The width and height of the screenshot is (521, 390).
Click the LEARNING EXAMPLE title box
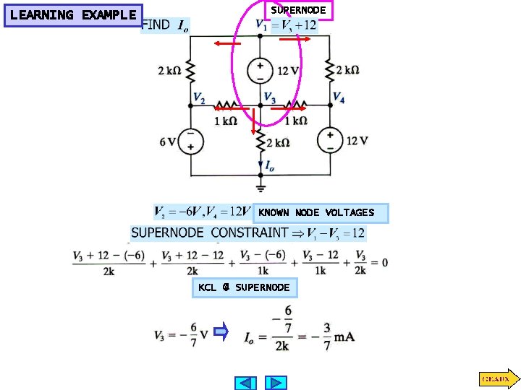point(73,15)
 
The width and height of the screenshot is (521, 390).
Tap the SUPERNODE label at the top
point(298,11)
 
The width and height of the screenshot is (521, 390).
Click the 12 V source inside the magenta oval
point(260,71)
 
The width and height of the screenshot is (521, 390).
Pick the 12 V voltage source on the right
point(331,140)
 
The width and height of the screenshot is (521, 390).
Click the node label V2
point(199,98)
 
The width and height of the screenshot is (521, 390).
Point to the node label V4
point(338,97)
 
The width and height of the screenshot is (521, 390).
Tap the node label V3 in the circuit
point(269,98)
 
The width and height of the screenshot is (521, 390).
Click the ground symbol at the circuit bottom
point(260,186)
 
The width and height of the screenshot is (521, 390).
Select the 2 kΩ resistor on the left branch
point(190,71)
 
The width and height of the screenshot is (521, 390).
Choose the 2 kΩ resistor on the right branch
point(331,71)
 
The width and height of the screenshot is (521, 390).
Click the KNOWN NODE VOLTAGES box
point(316,213)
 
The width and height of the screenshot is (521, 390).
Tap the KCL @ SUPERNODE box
point(244,288)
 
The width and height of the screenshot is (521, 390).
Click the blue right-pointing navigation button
point(276,383)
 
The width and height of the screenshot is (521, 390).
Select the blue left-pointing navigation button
point(247,383)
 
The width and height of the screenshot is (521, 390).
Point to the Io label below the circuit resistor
point(269,167)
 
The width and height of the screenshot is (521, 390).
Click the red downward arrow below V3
point(254,125)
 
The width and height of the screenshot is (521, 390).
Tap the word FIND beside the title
point(156,25)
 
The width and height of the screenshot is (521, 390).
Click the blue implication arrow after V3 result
point(222,333)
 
